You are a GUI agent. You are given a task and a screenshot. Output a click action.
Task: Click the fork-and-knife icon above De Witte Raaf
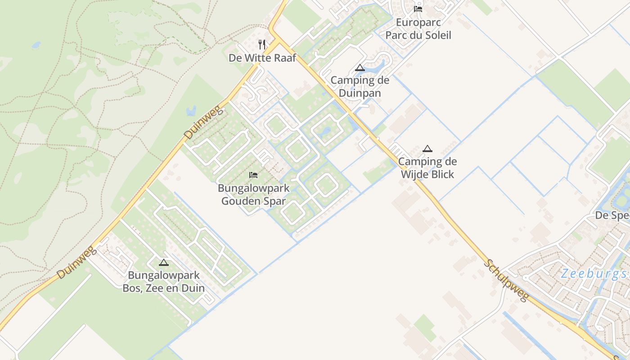(262, 44)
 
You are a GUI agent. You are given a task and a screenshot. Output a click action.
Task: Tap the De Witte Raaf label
(262, 58)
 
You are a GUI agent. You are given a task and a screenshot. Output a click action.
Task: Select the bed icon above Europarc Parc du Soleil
(418, 9)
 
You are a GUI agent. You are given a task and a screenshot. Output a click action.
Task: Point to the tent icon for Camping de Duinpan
(360, 68)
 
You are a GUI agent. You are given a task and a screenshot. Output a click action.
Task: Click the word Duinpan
(360, 93)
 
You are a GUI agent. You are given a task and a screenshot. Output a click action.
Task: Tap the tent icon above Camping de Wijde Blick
(427, 148)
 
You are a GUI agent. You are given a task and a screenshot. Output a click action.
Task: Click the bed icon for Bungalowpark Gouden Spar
(253, 175)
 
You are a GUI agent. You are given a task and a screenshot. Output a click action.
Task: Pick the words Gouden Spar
(253, 201)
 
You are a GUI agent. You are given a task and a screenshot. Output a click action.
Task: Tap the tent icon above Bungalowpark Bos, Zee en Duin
(163, 262)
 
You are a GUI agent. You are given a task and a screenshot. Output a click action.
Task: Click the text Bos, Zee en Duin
(163, 288)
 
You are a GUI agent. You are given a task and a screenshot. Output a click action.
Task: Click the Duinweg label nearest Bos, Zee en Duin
(77, 262)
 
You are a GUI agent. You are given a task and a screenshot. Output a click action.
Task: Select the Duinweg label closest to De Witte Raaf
(204, 122)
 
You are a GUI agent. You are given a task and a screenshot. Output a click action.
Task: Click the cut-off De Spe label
(612, 216)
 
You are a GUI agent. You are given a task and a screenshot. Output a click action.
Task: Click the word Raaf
(283, 58)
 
